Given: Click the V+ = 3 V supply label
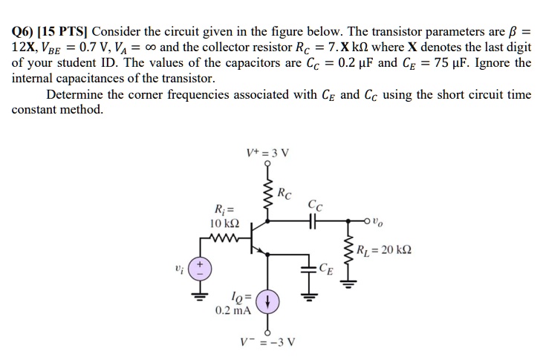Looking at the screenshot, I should [268, 154].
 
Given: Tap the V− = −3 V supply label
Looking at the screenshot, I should [267, 344].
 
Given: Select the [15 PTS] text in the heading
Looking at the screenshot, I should [68, 33].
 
